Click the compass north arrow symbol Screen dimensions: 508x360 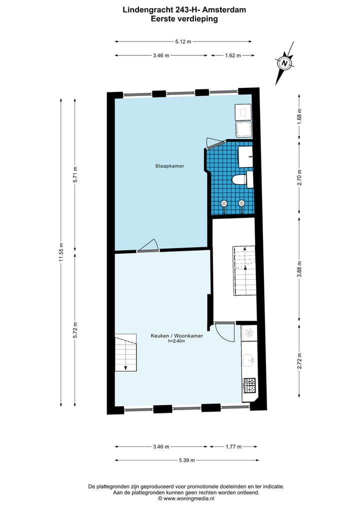coord(284,64)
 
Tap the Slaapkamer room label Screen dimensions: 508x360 coord(166,166)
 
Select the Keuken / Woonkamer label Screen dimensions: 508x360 coord(176,336)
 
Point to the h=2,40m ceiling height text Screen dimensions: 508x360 coord(176,342)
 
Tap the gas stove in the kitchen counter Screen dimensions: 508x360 coord(249,385)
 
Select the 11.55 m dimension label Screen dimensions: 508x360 coord(61,252)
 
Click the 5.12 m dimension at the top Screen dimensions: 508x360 coord(183,42)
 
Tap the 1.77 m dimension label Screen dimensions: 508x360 coord(232,447)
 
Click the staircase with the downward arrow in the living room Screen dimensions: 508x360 coord(126,352)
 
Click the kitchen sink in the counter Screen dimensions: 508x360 coord(248,359)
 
